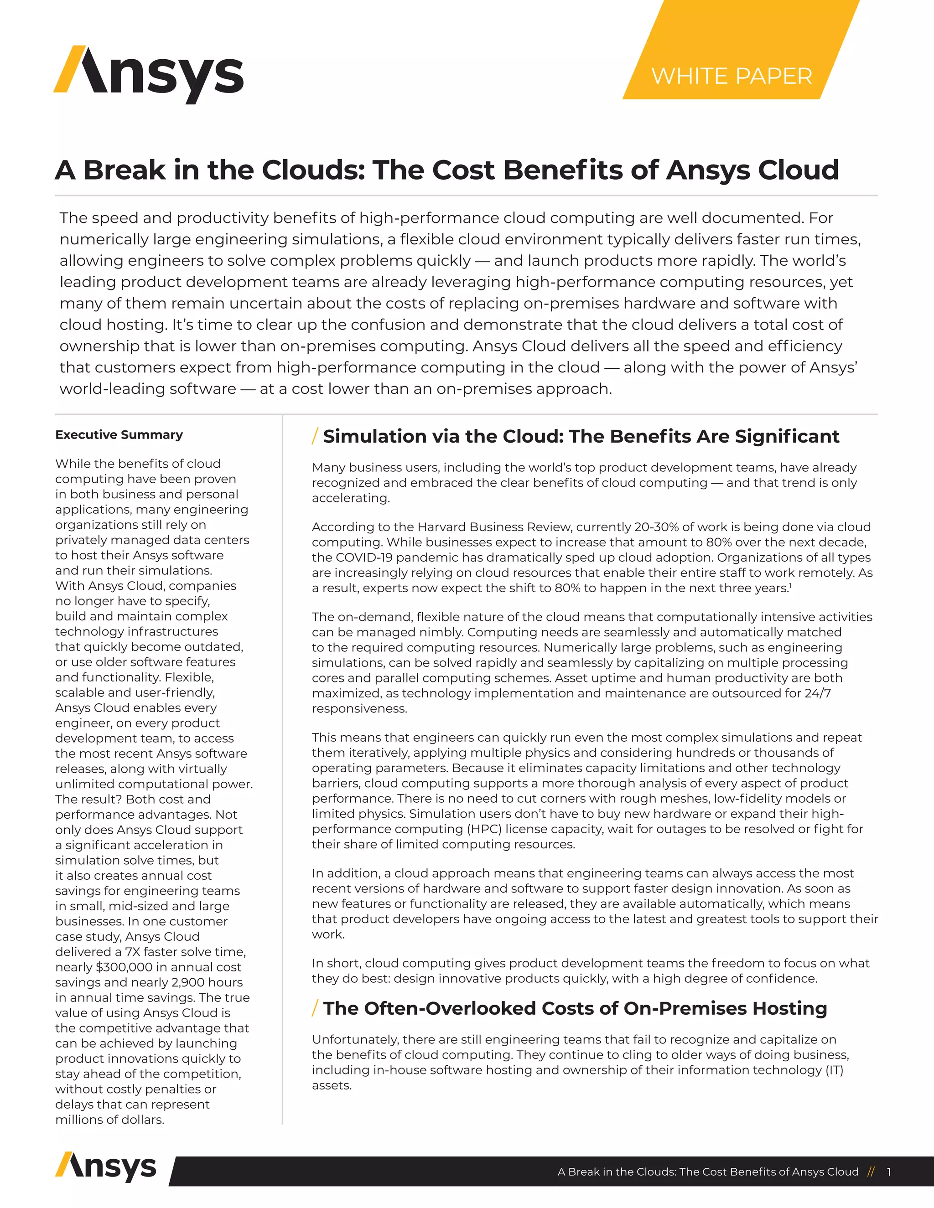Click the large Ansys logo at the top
(x=148, y=75)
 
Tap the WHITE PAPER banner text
(x=732, y=76)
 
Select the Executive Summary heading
(x=119, y=435)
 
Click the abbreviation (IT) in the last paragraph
(x=834, y=1070)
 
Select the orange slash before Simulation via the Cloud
(x=315, y=436)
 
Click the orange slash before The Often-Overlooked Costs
(x=315, y=1008)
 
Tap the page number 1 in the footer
(x=889, y=1172)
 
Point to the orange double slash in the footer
(x=872, y=1172)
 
